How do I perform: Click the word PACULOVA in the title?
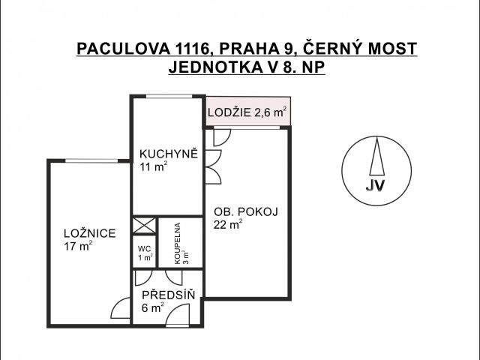(123, 48)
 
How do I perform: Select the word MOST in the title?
(392, 48)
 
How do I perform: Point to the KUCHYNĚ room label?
(169, 153)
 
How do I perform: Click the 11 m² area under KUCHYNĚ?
(153, 167)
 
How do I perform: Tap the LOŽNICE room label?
(90, 233)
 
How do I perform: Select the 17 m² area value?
(78, 247)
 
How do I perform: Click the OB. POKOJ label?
(246, 211)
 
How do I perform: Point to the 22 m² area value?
(228, 225)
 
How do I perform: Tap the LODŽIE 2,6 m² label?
(247, 112)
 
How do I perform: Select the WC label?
(144, 248)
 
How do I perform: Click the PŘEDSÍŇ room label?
(168, 295)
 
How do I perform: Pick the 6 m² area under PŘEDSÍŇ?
(153, 308)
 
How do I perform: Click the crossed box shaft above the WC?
(144, 225)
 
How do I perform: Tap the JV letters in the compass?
(375, 185)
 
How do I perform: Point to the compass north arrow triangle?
(376, 156)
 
